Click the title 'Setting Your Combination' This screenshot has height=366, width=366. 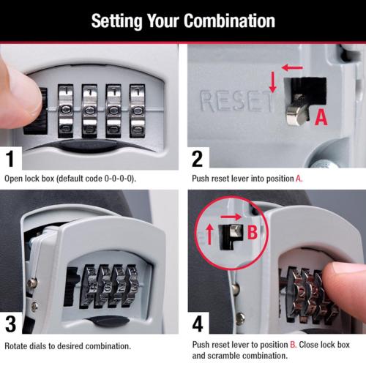(x=183, y=19)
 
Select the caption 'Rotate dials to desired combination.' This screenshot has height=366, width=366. (x=68, y=346)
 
